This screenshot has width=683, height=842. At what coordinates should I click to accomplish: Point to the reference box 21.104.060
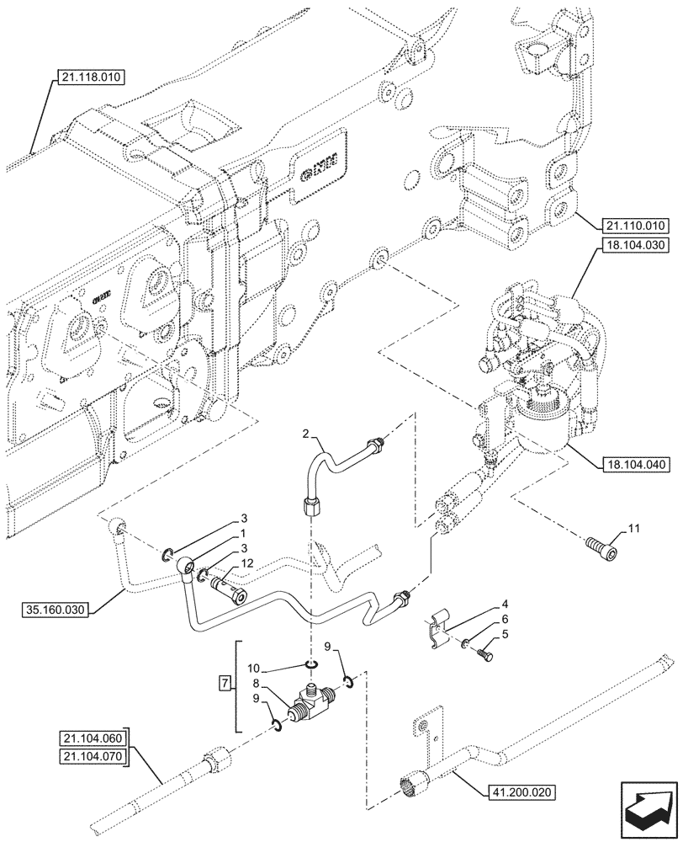[92, 739]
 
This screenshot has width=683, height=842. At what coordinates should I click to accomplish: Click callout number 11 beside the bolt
[633, 528]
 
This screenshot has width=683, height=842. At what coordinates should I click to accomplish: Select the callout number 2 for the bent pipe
[308, 434]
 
